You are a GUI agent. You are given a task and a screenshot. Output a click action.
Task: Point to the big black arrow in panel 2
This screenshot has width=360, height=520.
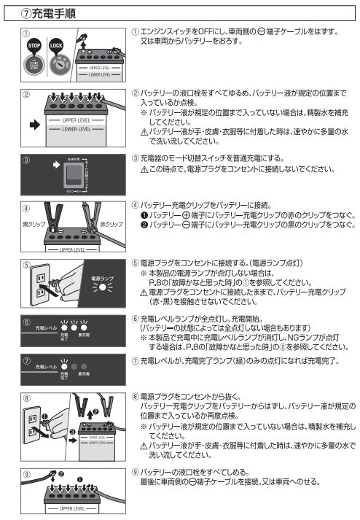[34, 124]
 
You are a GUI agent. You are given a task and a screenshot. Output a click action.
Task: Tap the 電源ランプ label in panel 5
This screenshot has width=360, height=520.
[101, 279]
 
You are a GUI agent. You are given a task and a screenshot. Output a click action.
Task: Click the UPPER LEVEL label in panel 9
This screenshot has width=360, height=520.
[74, 508]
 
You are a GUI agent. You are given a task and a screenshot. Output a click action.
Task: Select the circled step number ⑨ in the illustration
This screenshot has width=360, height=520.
[26, 475]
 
